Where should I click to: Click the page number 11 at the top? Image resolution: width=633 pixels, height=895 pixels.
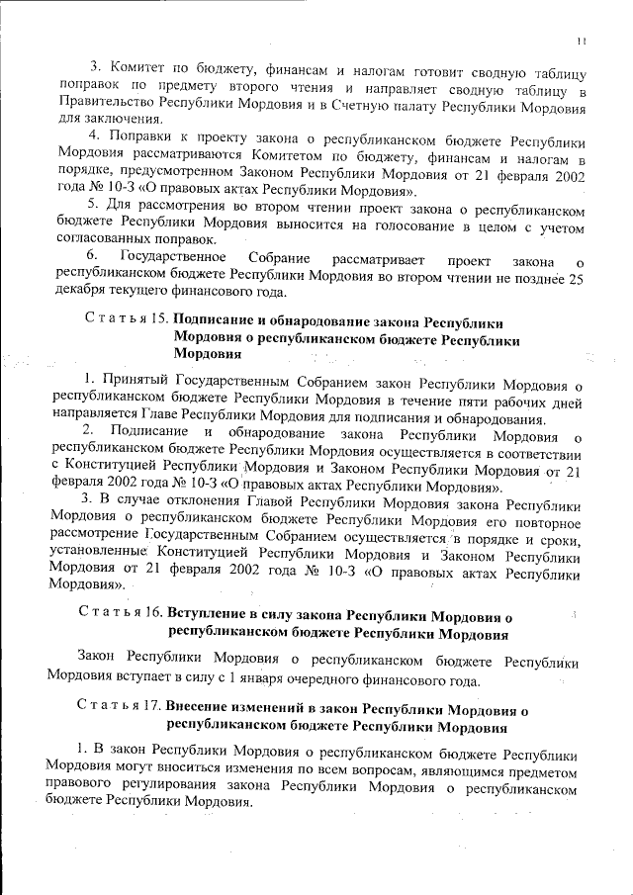tap(583, 41)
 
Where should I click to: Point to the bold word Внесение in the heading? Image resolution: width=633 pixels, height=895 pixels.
tap(202, 709)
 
